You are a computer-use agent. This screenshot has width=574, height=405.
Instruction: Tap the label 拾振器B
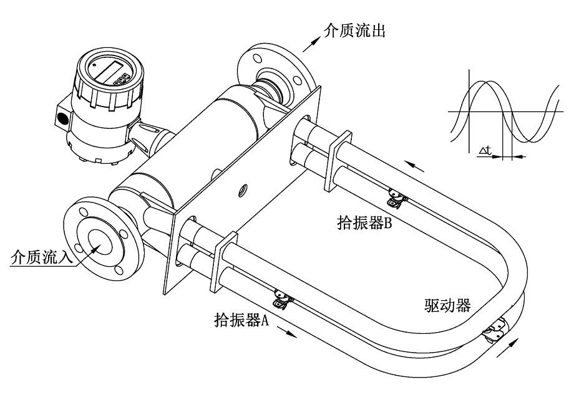[366, 222]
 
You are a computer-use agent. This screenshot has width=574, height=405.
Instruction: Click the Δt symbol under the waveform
[487, 150]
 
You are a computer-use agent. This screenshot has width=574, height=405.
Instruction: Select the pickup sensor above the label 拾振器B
[395, 198]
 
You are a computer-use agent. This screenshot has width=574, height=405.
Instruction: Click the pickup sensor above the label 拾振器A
[283, 300]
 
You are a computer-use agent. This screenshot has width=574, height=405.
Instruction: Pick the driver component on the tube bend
[495, 330]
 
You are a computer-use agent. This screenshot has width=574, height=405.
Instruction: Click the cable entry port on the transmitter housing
[63, 117]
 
